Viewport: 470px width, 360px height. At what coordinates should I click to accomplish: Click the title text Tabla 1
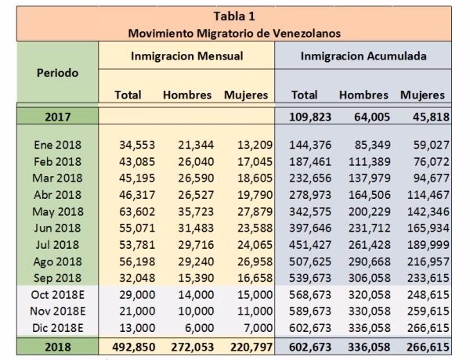coord(234,16)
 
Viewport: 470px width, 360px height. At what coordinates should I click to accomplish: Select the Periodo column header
coord(57,73)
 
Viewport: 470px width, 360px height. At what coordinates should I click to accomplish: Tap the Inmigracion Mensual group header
coord(186,56)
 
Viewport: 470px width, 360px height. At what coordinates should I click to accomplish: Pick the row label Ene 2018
coord(57,144)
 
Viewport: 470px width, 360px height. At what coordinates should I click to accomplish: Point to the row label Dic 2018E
coord(57,329)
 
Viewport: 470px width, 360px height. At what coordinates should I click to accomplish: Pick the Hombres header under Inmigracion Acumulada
coord(363,95)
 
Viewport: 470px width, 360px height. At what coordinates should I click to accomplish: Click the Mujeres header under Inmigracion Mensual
coord(246,95)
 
